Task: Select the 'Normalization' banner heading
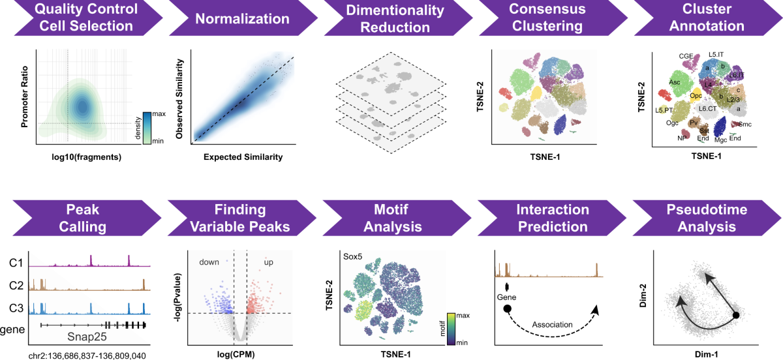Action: (x=233, y=18)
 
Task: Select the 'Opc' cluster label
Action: (x=696, y=96)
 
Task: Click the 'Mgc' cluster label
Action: (x=721, y=140)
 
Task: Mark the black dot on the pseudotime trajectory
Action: (x=736, y=316)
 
